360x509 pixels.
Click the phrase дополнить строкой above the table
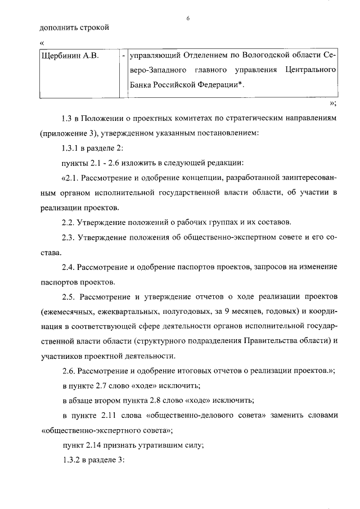(x=74, y=27)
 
